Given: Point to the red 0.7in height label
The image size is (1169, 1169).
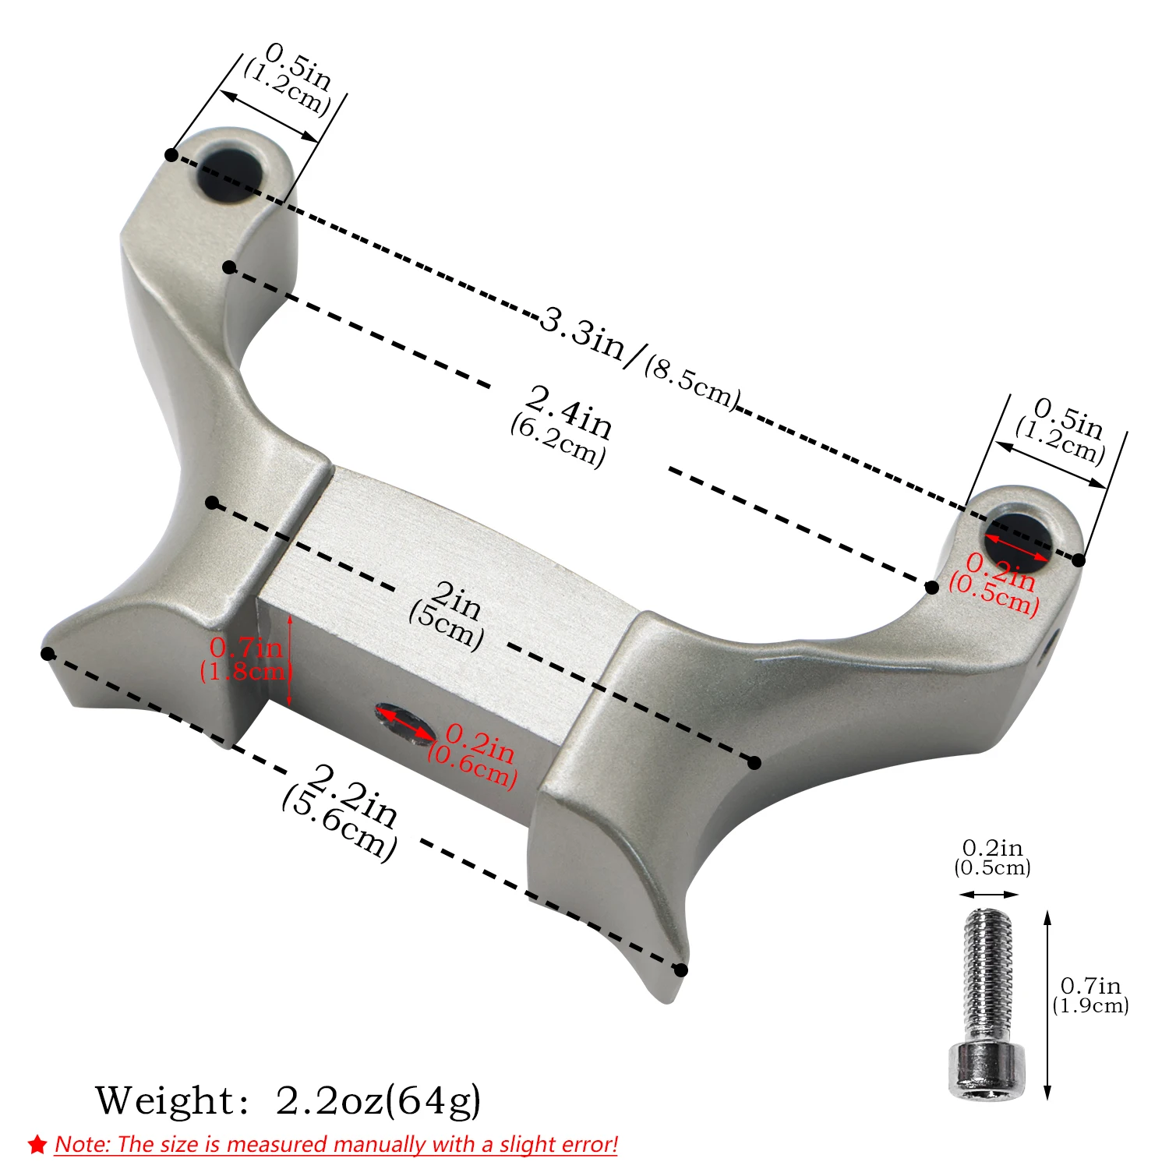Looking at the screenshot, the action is [x=246, y=648].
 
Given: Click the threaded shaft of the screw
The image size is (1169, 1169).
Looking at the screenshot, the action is [x=987, y=977].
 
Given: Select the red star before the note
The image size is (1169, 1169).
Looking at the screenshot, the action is [x=37, y=1144].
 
